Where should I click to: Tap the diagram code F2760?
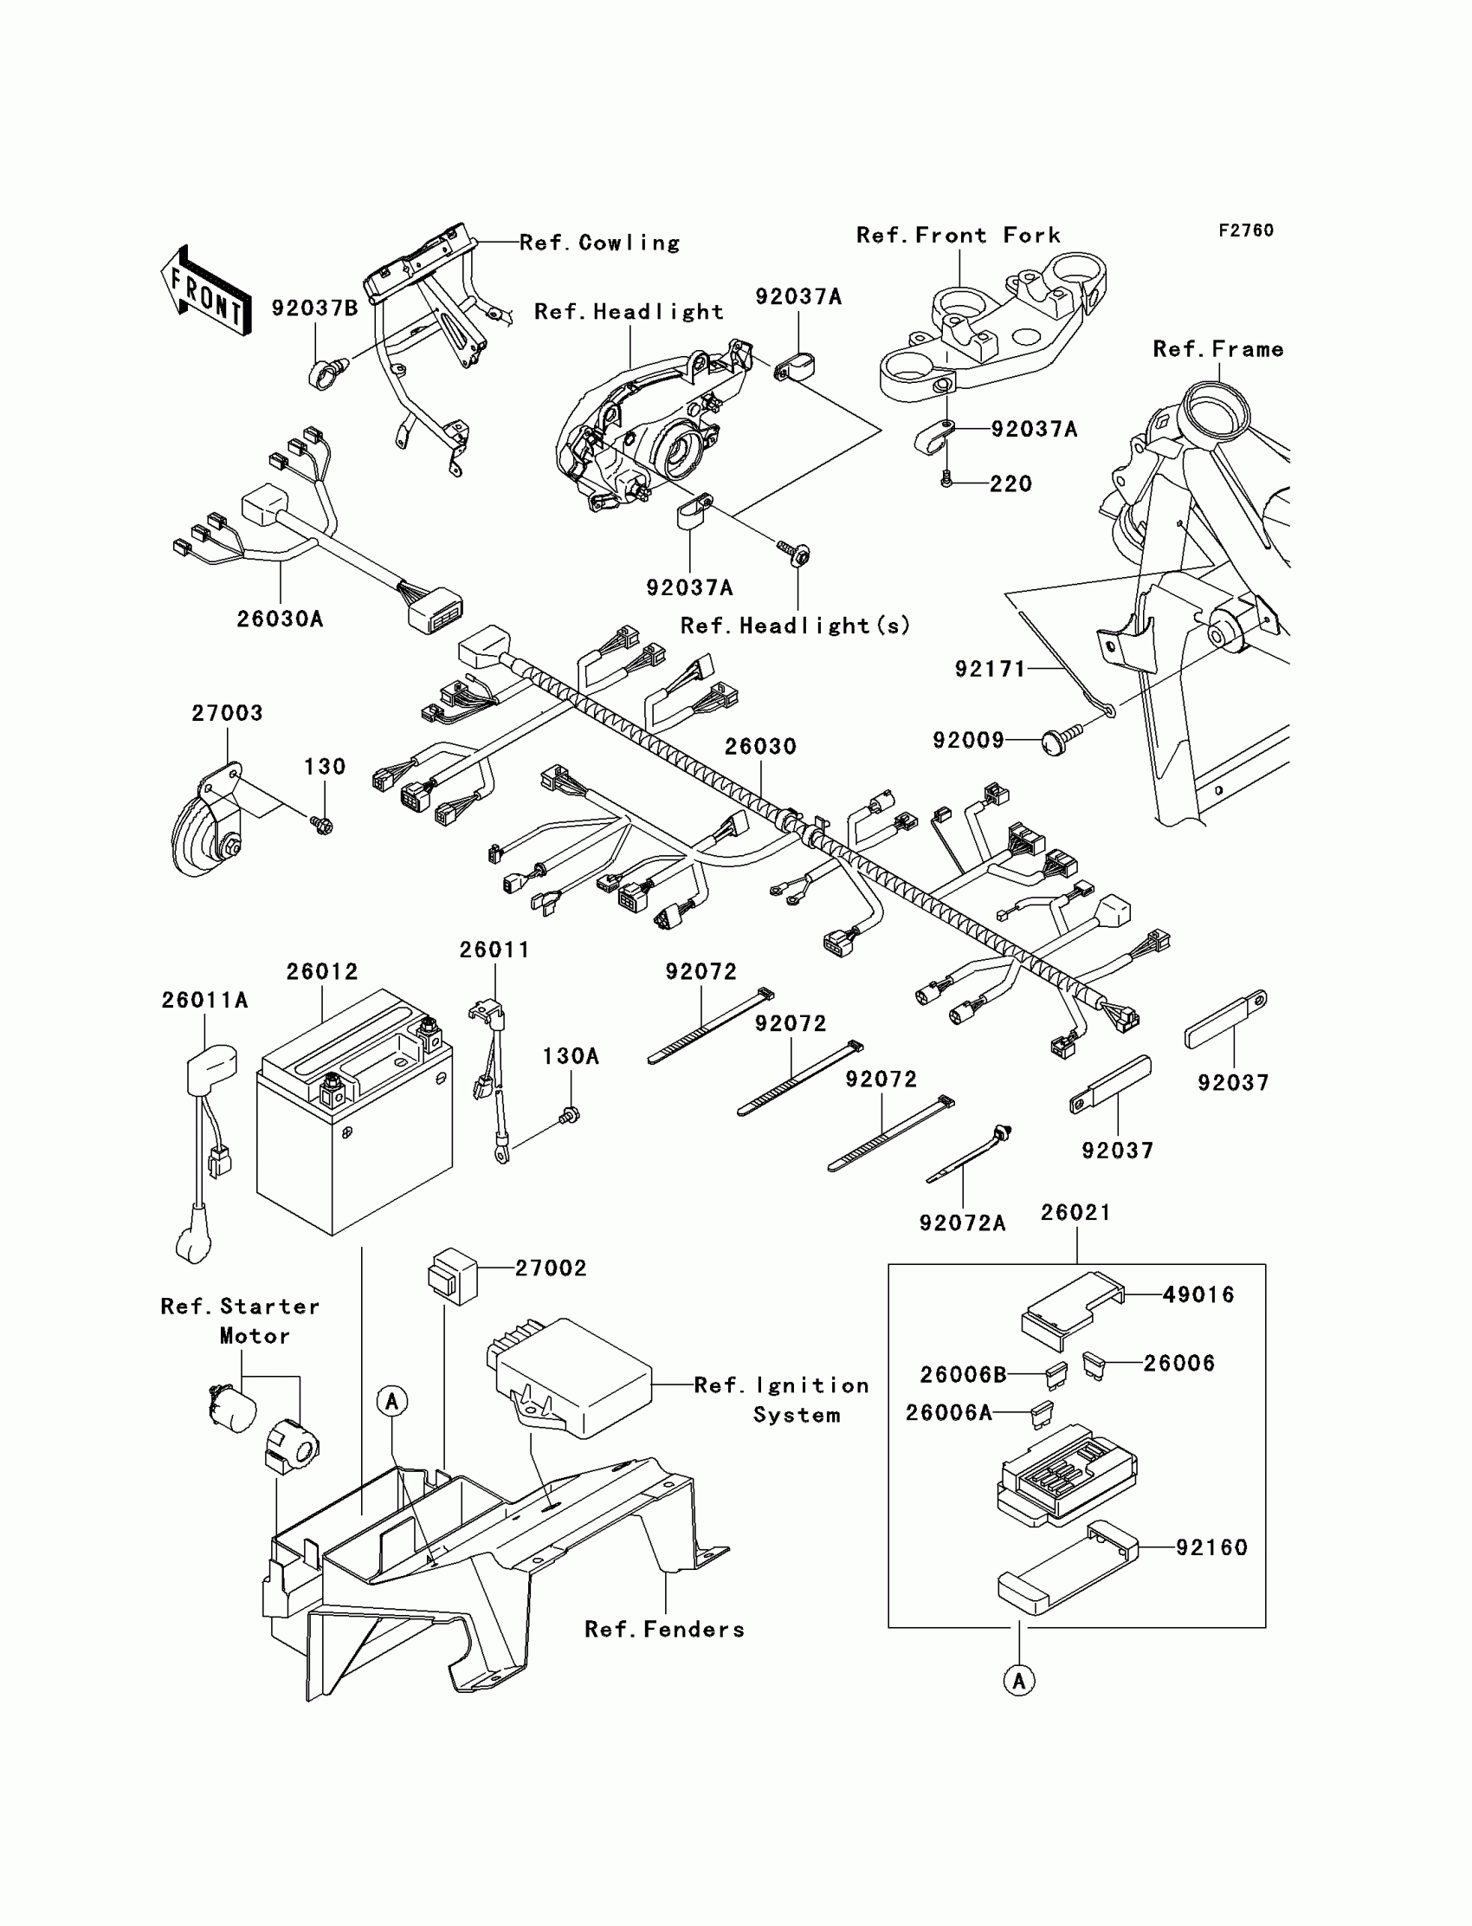click(1245, 230)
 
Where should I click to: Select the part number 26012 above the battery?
click(321, 971)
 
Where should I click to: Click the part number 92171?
click(990, 669)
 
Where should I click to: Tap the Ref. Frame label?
click(1218, 349)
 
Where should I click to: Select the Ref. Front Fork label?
click(958, 235)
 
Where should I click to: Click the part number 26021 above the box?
click(1075, 1212)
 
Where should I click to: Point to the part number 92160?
click(1211, 1547)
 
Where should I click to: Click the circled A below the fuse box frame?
click(1018, 1681)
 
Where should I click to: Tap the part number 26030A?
click(280, 619)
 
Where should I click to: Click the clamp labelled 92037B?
click(325, 375)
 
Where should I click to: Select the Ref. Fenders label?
click(664, 1629)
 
